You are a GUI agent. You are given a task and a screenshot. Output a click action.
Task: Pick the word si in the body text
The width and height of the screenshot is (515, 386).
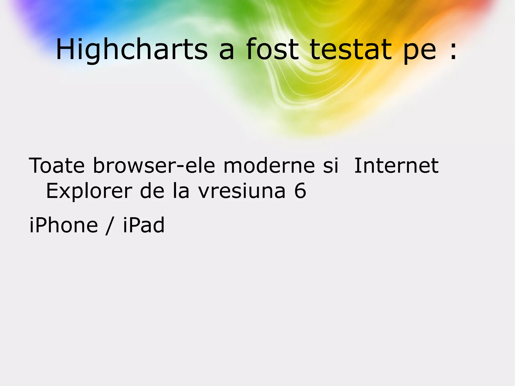tap(330, 166)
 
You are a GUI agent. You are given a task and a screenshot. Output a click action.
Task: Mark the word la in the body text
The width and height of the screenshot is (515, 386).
tap(181, 191)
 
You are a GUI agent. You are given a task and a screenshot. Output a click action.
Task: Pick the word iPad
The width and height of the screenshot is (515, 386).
tap(144, 225)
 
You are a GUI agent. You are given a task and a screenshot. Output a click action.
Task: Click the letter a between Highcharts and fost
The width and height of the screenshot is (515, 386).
tap(227, 52)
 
